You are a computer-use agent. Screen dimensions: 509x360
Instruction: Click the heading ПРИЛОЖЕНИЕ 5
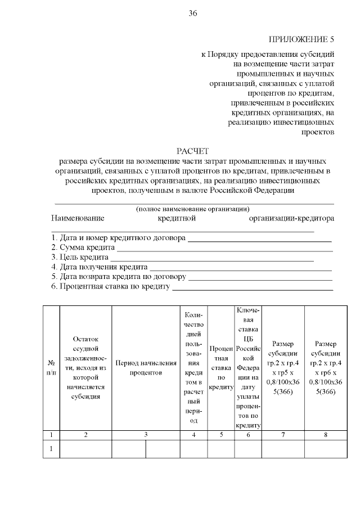click(301, 39)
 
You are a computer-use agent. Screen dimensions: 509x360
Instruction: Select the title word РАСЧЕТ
click(192, 151)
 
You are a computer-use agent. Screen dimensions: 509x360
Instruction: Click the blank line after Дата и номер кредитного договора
click(259, 238)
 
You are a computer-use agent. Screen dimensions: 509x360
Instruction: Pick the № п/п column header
click(51, 368)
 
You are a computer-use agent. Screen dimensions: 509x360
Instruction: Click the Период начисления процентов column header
click(146, 368)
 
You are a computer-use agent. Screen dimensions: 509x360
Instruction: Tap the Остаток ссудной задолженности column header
click(85, 368)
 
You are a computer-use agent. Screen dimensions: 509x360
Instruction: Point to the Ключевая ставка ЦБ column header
click(248, 368)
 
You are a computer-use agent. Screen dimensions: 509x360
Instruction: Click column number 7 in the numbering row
click(283, 435)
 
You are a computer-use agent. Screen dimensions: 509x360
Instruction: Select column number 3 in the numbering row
click(146, 435)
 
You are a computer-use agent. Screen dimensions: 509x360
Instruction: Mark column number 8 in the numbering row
click(326, 435)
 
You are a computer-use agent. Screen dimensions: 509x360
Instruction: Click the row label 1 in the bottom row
click(51, 449)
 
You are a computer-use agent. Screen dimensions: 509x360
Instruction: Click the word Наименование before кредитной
click(78, 218)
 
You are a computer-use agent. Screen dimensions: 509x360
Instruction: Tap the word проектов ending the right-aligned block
click(318, 132)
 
